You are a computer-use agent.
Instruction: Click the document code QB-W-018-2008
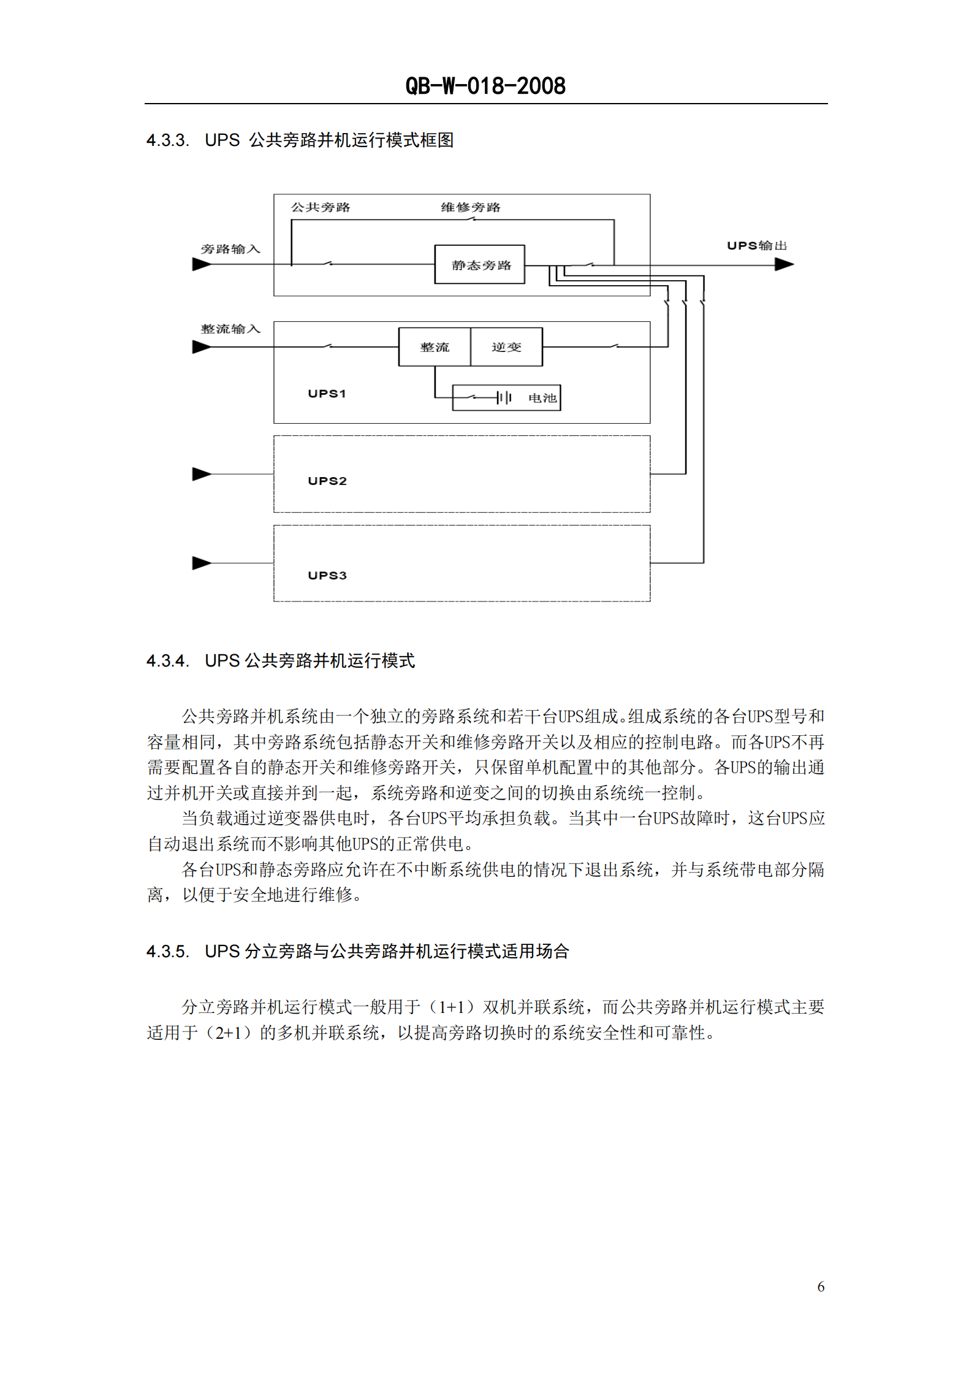point(485,86)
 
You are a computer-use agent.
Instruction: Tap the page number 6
point(821,1286)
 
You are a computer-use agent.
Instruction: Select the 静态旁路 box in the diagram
point(480,265)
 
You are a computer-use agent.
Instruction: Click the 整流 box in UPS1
point(435,347)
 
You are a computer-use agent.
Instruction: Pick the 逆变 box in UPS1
point(506,347)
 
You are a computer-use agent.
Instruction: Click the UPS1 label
point(327,394)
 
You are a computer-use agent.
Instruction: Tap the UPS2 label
point(327,481)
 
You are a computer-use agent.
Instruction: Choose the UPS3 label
point(327,575)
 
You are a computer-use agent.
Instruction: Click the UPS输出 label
point(757,246)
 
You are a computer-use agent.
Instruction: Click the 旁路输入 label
point(230,249)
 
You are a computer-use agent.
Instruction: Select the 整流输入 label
point(230,329)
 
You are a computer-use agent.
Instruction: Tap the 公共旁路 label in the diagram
point(321,207)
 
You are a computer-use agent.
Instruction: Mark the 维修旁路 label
point(471,207)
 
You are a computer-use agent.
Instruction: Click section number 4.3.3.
point(167,140)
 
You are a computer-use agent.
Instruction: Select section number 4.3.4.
point(167,661)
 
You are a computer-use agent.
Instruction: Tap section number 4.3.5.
point(167,952)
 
